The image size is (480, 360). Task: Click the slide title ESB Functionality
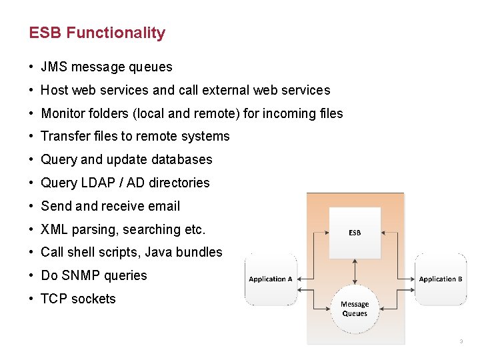click(x=97, y=33)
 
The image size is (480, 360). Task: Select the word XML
click(x=54, y=229)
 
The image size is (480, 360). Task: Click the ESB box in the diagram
click(x=355, y=232)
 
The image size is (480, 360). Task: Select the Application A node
click(x=271, y=279)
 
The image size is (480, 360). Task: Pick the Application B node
click(x=441, y=279)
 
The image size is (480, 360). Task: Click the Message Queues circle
click(x=355, y=309)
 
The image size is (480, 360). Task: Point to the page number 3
click(x=461, y=342)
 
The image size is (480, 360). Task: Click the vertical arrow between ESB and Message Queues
click(x=355, y=271)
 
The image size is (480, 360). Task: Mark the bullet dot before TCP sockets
click(x=32, y=299)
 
